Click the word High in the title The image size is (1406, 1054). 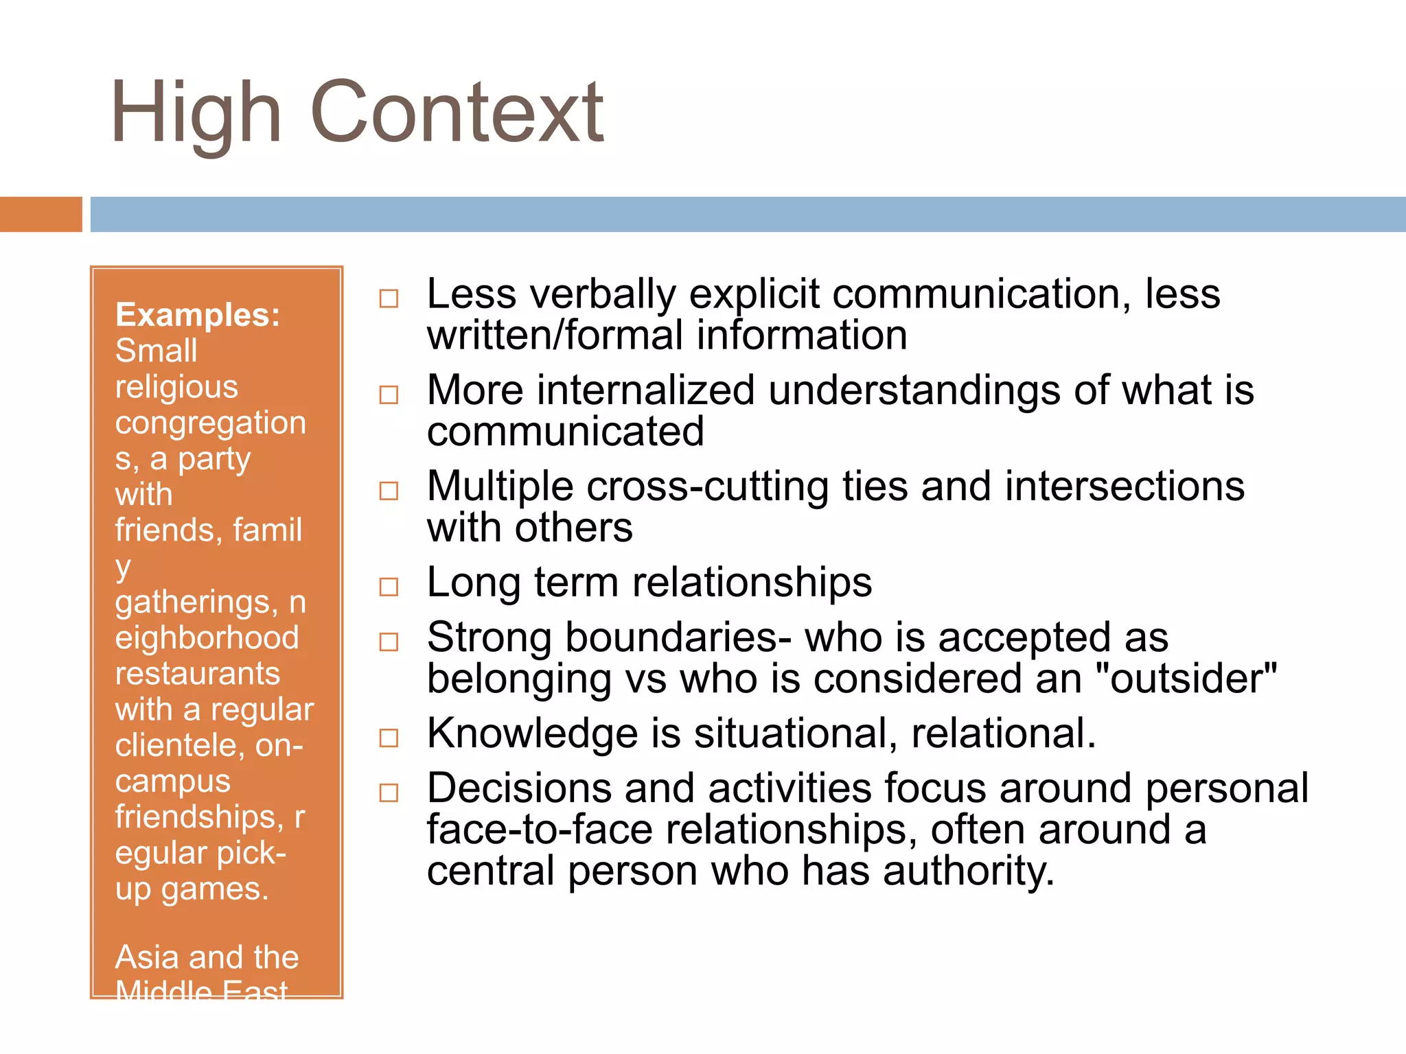(196, 113)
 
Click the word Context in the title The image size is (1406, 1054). (457, 113)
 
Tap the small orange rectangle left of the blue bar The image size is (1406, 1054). (41, 214)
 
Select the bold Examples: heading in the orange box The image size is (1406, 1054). (198, 315)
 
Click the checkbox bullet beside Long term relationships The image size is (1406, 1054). (389, 587)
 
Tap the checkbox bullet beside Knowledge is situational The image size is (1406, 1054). (389, 738)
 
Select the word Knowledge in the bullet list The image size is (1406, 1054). (533, 734)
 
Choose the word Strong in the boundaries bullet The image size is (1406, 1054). (489, 637)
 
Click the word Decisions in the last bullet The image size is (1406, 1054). (518, 788)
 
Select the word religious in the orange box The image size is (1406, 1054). (176, 387)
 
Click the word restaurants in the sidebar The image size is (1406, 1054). (197, 674)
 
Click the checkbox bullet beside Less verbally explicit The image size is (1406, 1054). (389, 298)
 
